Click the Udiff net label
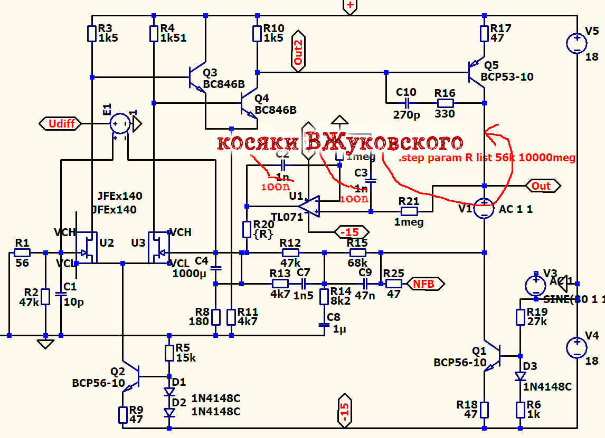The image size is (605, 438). click(x=61, y=124)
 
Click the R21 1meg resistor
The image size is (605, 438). click(x=409, y=211)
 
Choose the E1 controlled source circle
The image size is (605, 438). click(x=120, y=124)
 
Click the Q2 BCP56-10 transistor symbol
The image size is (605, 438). click(x=131, y=377)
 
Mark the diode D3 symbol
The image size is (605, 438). click(x=520, y=376)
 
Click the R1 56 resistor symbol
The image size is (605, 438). click(x=22, y=252)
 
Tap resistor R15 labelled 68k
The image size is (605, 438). click(x=357, y=252)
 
